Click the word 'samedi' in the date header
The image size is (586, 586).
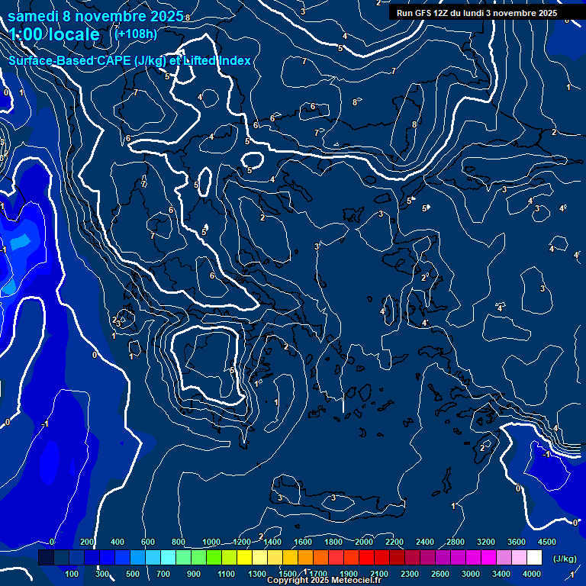(39, 16)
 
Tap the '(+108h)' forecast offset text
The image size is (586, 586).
(135, 34)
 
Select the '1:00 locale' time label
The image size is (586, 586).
(54, 34)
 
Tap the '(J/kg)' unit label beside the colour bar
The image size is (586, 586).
(564, 559)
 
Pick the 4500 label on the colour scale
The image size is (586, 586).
(546, 542)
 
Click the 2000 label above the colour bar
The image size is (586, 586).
(363, 542)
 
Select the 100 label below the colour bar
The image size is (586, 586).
(72, 574)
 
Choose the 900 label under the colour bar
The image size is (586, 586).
(194, 574)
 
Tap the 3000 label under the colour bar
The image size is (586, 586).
(470, 574)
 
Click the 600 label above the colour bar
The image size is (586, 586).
(148, 542)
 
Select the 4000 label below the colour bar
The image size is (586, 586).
(531, 574)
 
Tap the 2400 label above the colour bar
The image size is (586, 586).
(424, 542)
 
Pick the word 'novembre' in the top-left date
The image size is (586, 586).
(112, 16)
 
